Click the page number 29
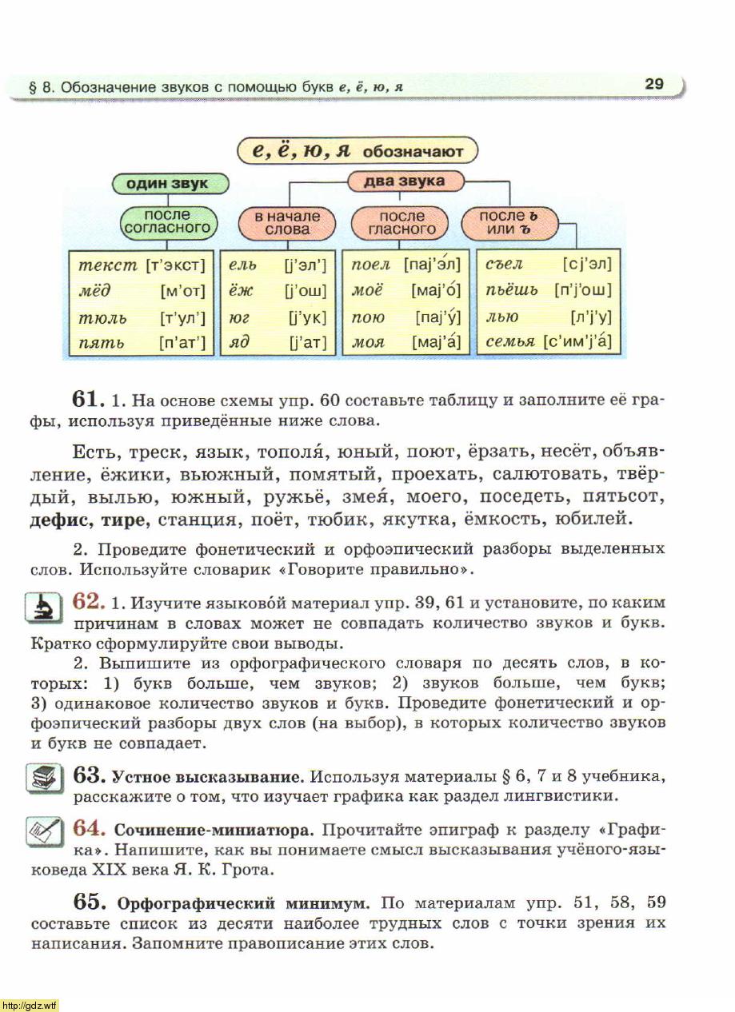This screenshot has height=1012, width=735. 653,84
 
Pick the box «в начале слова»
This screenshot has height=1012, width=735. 287,222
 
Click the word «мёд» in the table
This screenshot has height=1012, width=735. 95,291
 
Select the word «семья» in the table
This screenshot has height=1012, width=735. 511,342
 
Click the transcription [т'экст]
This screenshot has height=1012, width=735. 176,265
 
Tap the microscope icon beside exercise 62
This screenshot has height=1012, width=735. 40,608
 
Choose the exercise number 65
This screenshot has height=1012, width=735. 90,902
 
